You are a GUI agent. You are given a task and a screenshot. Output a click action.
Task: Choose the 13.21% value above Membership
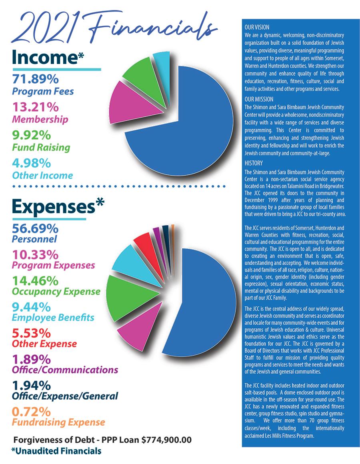(35, 107)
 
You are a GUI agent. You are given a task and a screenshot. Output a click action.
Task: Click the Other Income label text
(42, 175)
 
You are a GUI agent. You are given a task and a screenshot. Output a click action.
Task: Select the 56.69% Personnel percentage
(35, 229)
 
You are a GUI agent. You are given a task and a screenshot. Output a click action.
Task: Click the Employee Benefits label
(53, 318)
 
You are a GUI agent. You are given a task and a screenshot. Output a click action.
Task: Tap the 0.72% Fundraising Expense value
(31, 412)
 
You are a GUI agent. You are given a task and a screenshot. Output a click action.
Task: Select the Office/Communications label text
(65, 370)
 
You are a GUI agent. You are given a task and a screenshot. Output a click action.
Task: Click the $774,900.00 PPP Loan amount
(166, 440)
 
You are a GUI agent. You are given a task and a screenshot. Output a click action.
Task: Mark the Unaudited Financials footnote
(56, 451)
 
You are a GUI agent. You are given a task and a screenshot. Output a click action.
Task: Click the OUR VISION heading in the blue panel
(256, 28)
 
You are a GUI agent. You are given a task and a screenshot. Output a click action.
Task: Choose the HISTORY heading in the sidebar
(254, 163)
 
